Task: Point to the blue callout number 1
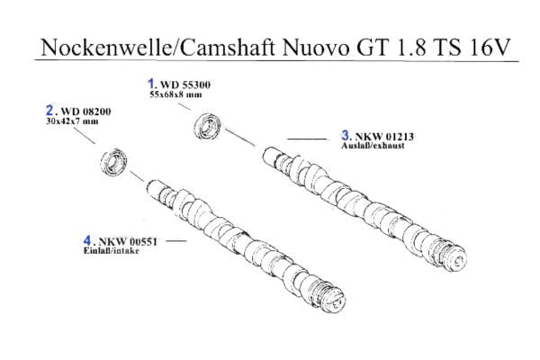[151, 83]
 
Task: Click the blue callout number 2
[49, 110]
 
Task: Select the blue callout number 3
[345, 135]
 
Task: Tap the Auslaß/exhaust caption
[369, 144]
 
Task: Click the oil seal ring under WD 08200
[113, 165]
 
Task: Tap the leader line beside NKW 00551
[175, 241]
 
